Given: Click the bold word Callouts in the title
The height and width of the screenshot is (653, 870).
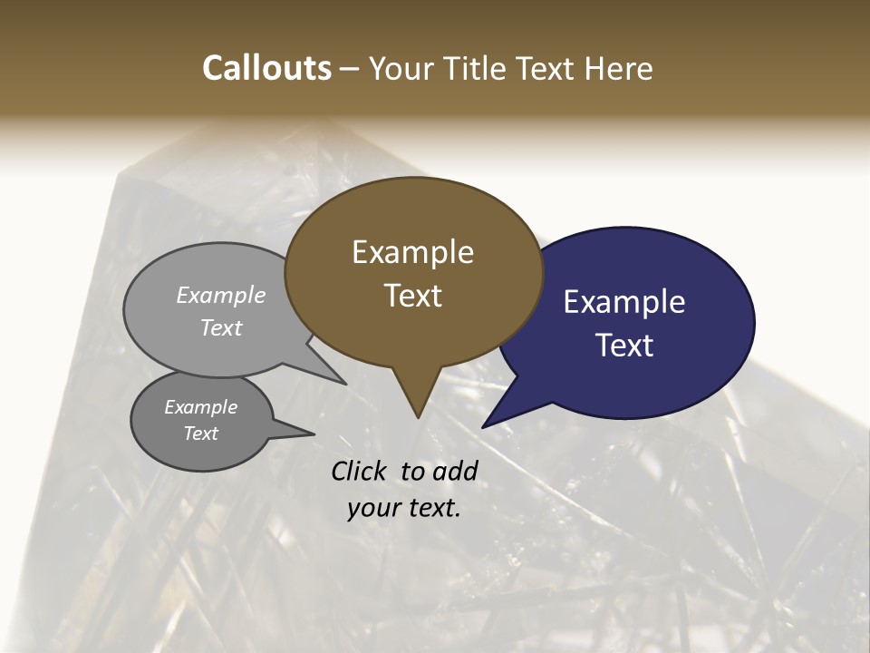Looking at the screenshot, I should (x=266, y=68).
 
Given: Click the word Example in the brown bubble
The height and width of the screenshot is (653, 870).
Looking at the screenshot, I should (x=412, y=252).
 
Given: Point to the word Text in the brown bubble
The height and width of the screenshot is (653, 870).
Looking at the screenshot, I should (x=412, y=296).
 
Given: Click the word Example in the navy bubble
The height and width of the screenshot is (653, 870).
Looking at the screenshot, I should (x=624, y=302).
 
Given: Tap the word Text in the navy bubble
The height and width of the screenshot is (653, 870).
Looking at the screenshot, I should (x=624, y=346).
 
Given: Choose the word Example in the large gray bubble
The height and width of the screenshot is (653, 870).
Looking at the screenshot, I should (x=221, y=295).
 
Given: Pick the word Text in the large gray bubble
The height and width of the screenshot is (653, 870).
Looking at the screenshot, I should (x=221, y=327).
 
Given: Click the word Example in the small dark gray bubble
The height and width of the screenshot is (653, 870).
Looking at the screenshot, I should (x=201, y=407).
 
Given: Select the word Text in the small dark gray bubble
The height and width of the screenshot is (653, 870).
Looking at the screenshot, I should (x=201, y=434).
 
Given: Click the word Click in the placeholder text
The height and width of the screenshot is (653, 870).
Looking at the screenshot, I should (x=361, y=471).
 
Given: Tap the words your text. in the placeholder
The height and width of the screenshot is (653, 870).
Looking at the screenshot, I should (x=404, y=508).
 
